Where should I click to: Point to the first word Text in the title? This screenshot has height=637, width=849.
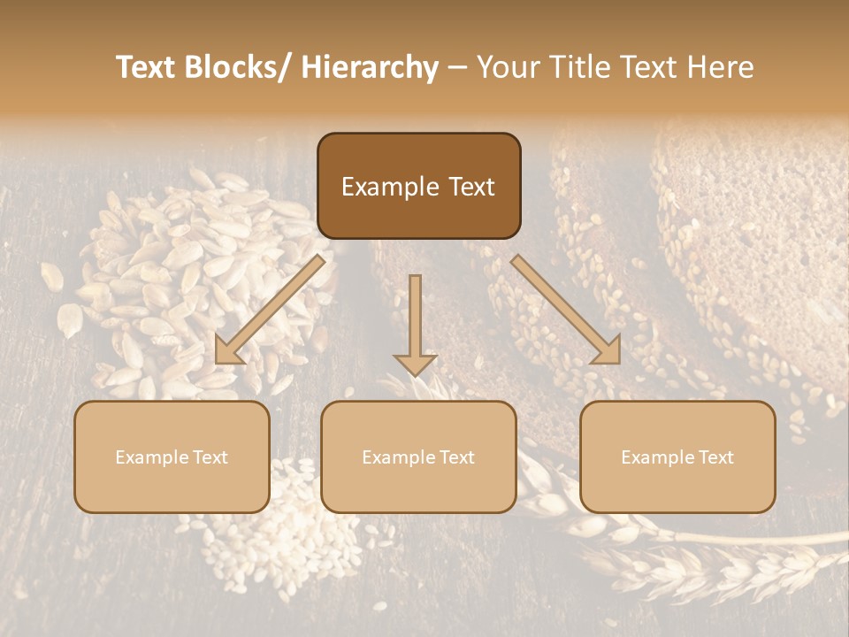pos(146,68)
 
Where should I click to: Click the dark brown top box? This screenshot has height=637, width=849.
pos(418,186)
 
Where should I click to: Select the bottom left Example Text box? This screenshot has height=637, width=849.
pos(172,457)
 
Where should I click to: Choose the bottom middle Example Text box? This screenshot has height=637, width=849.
pos(418,457)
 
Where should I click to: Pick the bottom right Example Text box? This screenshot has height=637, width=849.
pos(677,457)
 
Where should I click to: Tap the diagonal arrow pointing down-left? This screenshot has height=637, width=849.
pos(272,310)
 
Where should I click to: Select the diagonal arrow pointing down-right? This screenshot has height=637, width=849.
pos(566,310)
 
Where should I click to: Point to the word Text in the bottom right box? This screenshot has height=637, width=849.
pos(715,457)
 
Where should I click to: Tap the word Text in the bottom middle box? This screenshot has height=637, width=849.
pos(455,457)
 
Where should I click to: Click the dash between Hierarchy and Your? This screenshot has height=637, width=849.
pos(457,68)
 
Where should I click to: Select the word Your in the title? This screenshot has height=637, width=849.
pos(503,68)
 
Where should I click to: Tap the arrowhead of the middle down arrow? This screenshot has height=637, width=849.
pos(415,364)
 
